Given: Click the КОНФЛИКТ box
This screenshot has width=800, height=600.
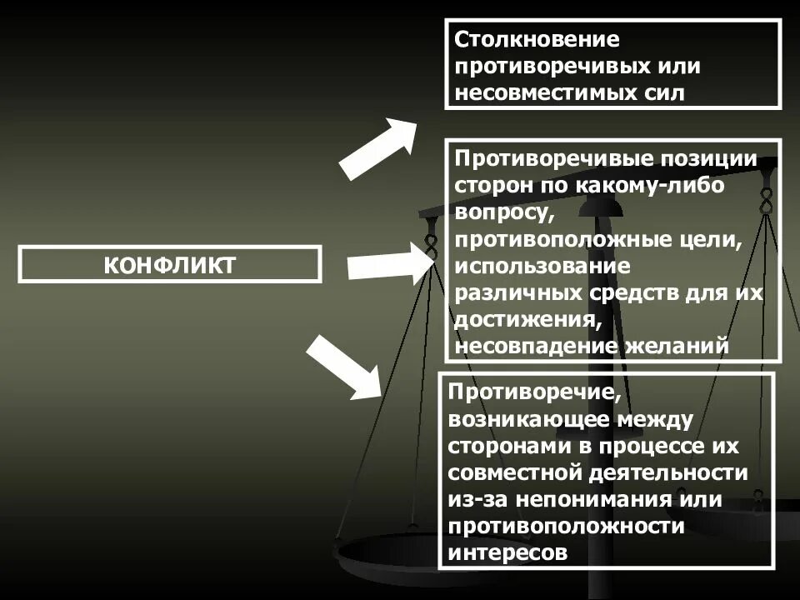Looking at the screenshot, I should (169, 264).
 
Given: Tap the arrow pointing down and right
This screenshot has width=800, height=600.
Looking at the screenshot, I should (344, 367).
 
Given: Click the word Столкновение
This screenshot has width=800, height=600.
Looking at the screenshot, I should (537, 40).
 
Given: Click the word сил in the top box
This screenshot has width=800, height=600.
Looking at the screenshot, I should (665, 92).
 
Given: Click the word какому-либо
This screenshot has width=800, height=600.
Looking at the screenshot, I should (659, 185).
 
